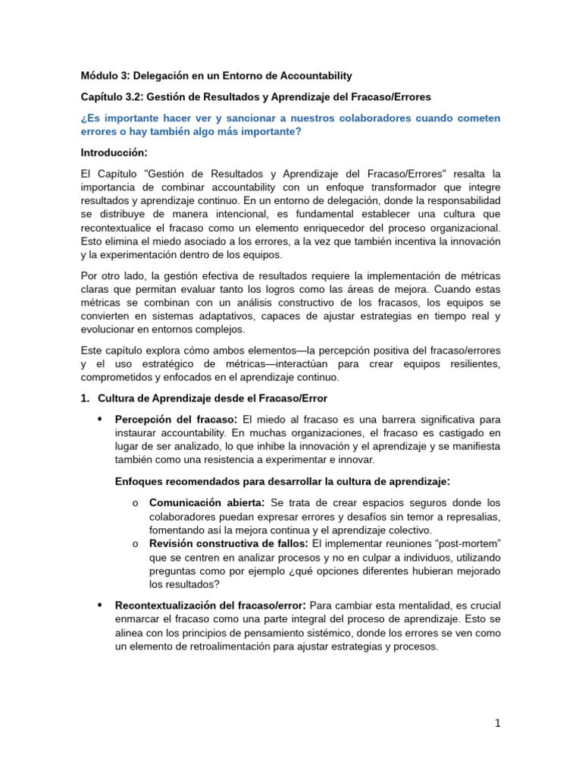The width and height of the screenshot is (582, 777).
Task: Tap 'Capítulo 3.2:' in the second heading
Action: click(x=111, y=97)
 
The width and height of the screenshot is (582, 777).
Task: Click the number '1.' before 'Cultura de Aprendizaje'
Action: click(x=86, y=398)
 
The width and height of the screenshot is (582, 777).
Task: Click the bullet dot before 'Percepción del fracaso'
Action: click(x=100, y=420)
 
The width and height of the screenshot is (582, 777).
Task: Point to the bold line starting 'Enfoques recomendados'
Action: click(x=283, y=481)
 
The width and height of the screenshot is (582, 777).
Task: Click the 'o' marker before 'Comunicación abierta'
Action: click(x=134, y=503)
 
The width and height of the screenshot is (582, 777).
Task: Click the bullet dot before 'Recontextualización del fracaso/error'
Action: click(x=100, y=606)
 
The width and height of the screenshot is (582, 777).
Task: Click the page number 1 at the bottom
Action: click(x=497, y=724)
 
